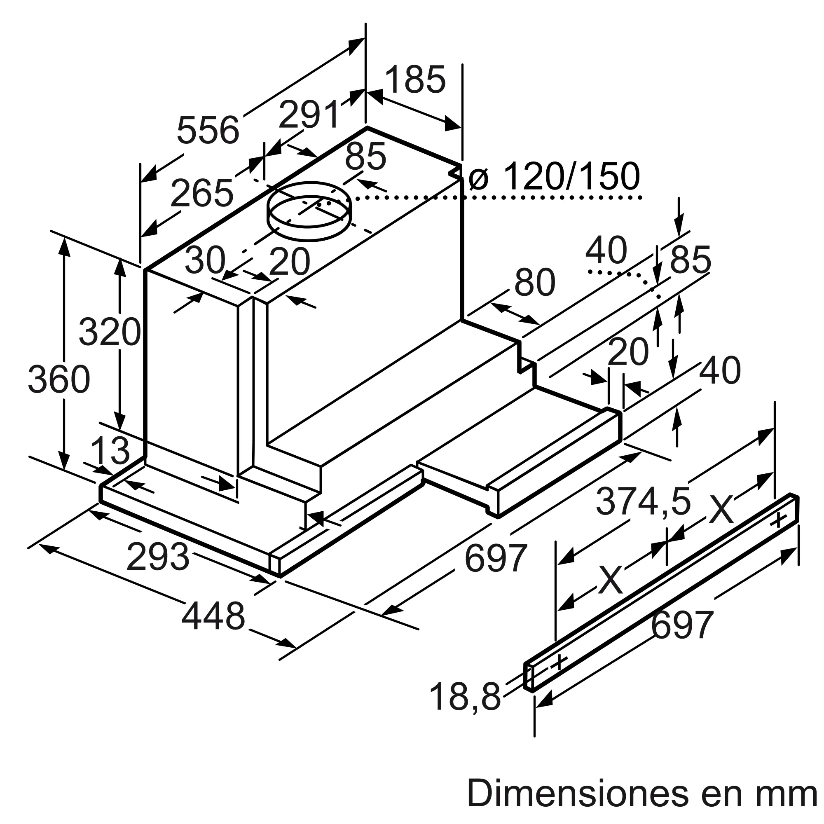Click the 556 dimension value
[x=208, y=131]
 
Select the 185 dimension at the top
[x=415, y=80]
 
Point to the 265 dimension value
[x=202, y=193]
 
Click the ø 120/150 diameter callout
[x=555, y=176]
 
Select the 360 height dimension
[x=59, y=379]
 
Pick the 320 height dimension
[x=110, y=332]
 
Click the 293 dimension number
[x=158, y=557]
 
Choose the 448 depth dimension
[x=213, y=616]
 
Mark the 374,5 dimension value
[x=643, y=501]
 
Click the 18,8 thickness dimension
[x=465, y=697]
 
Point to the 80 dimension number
[x=534, y=282]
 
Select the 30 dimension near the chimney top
[x=205, y=260]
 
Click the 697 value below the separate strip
[x=682, y=625]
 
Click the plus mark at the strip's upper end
[x=779, y=520]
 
